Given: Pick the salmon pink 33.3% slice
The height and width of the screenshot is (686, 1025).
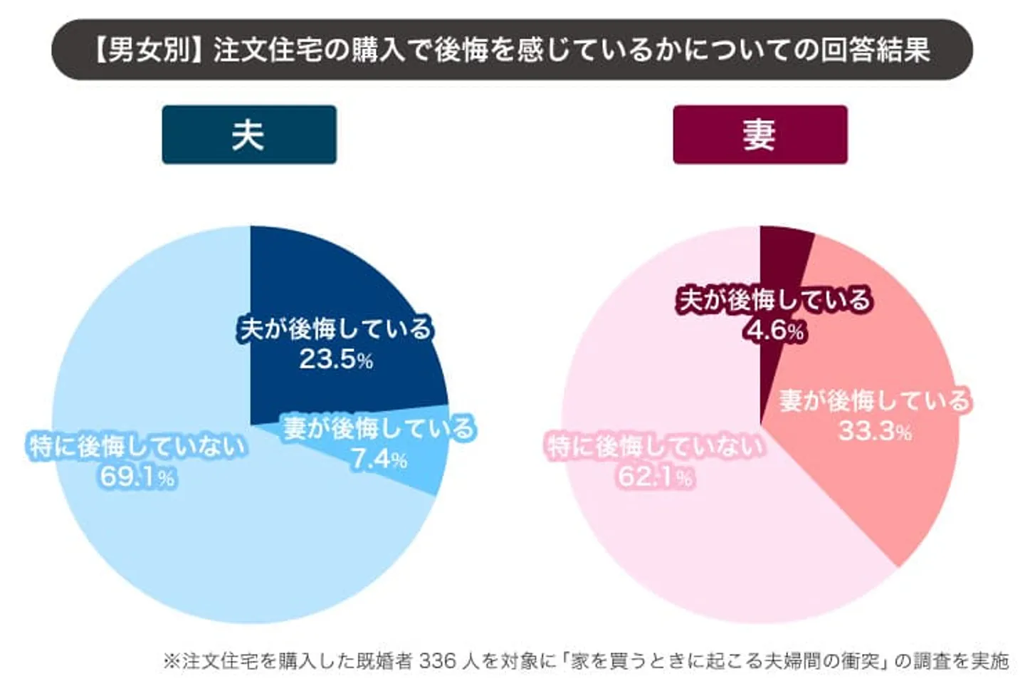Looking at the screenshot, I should click(x=897, y=484).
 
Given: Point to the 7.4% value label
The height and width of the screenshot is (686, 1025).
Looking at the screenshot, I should click(x=379, y=459).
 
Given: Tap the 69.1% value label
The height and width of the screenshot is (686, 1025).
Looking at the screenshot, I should click(x=137, y=477).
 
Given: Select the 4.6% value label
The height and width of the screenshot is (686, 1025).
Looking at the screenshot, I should click(x=775, y=330).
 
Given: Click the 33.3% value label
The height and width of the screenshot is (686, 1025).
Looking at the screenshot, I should click(x=875, y=431).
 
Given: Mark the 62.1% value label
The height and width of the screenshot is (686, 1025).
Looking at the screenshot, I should click(x=655, y=477).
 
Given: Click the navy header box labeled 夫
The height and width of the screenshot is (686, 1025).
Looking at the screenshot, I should click(x=249, y=135).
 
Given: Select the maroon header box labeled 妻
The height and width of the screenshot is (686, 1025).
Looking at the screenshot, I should click(x=760, y=135).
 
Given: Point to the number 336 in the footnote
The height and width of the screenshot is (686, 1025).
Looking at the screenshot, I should click(x=437, y=661).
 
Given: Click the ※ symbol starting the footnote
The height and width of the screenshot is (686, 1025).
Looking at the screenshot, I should click(x=171, y=661).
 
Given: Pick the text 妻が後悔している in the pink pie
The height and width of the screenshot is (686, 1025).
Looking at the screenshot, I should click(x=875, y=400).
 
